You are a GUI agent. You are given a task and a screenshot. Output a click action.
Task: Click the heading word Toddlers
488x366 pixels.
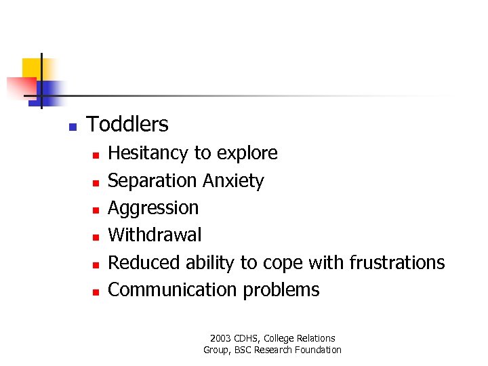pos(127,125)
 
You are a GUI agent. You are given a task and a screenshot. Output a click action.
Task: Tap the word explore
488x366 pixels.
pos(246,154)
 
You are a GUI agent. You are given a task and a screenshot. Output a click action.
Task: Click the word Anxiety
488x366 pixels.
pos(232,181)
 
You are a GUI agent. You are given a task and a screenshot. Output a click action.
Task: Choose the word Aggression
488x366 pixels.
pos(153,208)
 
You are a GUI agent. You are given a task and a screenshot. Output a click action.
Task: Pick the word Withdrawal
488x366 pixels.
pos(155,235)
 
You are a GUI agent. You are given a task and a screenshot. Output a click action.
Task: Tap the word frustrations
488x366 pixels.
pos(396,262)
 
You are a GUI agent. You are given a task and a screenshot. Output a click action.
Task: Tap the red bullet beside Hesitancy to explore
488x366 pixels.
pos(96,155)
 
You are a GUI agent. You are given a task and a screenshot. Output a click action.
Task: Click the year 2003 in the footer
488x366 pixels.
pos(221,338)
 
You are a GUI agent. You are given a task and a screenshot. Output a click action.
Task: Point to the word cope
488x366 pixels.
pos(284,263)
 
